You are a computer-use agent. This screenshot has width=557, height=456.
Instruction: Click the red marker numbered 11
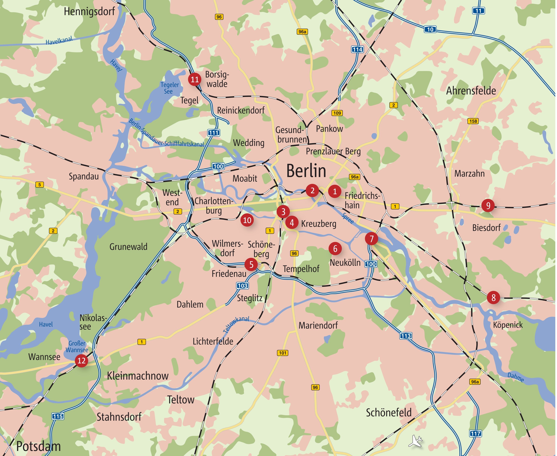(x=195, y=79)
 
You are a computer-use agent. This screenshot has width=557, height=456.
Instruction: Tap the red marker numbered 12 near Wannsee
(x=81, y=360)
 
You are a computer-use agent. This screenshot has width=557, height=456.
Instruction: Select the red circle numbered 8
(x=493, y=298)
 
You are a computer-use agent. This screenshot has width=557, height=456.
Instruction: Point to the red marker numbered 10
(x=247, y=220)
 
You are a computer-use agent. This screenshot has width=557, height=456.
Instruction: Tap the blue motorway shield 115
(x=58, y=416)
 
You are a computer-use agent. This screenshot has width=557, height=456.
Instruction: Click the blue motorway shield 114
(x=357, y=49)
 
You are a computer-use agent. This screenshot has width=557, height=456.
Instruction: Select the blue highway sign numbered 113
(x=406, y=336)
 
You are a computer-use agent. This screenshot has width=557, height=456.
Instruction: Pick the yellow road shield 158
(x=473, y=121)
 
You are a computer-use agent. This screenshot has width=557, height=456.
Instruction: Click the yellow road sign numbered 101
(x=282, y=353)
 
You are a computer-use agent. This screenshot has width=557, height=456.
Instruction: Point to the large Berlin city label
(x=306, y=171)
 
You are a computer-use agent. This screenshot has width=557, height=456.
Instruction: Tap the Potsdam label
(x=38, y=446)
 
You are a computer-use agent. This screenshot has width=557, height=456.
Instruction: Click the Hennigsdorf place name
(x=89, y=12)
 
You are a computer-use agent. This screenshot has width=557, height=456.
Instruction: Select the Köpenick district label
(x=508, y=325)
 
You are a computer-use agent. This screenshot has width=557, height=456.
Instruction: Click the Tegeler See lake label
(x=169, y=88)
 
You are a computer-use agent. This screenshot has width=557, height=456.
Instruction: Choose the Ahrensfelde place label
(x=471, y=91)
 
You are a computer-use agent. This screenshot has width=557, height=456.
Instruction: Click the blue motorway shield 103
(x=242, y=286)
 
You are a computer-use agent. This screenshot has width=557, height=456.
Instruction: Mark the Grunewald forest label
(x=128, y=247)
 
